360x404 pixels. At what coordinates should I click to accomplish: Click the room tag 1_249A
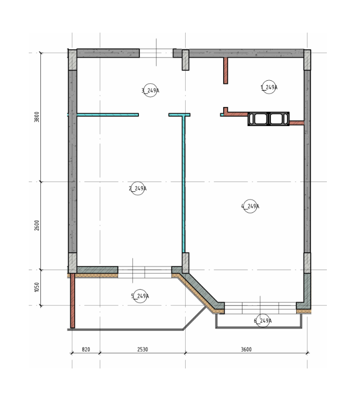[269, 87]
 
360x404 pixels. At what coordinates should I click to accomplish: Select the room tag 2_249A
[138, 188]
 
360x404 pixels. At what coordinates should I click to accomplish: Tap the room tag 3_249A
[151, 90]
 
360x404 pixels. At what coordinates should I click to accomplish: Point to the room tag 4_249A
[250, 206]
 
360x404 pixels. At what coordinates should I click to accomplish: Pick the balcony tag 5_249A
[140, 296]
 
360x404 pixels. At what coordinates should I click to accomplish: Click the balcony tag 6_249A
[263, 320]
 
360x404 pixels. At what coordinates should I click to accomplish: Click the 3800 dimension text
[37, 117]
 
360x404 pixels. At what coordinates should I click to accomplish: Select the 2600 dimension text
[37, 225]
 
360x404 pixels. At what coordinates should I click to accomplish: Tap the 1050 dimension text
[37, 287]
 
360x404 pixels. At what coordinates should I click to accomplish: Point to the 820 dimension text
[86, 349]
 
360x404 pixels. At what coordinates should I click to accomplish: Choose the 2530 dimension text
[143, 349]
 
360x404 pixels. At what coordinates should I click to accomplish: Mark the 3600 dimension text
[246, 349]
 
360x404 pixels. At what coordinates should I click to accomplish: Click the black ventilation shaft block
[268, 119]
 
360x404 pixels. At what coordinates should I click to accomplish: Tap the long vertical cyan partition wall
[184, 184]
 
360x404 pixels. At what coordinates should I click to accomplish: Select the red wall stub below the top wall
[226, 71]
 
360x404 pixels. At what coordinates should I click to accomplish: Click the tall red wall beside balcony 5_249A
[73, 300]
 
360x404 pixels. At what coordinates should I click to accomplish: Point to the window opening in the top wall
[156, 53]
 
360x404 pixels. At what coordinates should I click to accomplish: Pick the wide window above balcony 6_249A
[260, 308]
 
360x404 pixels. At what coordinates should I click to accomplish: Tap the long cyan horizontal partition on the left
[108, 115]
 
